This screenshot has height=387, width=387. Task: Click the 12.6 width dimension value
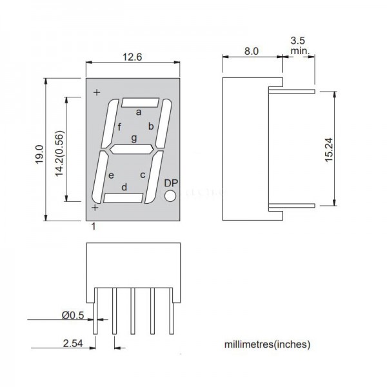click(x=132, y=57)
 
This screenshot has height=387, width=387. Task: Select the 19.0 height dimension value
click(x=39, y=155)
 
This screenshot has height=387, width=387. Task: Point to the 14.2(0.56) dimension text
click(x=59, y=154)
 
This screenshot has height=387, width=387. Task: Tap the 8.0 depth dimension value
click(x=252, y=51)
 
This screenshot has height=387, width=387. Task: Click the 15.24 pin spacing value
click(x=329, y=150)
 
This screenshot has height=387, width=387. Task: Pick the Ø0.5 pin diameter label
click(x=73, y=315)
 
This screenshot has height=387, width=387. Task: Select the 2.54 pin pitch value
click(x=73, y=343)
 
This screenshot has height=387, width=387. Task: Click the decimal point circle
click(x=170, y=196)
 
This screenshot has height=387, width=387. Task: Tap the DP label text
click(x=171, y=183)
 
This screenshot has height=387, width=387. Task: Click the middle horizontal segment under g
click(x=132, y=150)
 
